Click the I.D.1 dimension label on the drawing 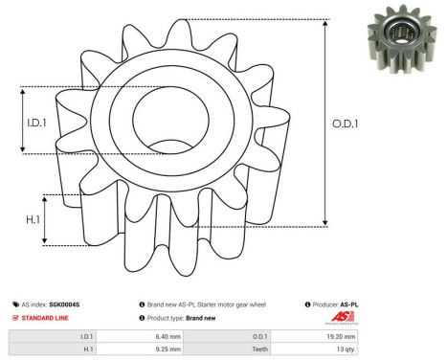[34, 121]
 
